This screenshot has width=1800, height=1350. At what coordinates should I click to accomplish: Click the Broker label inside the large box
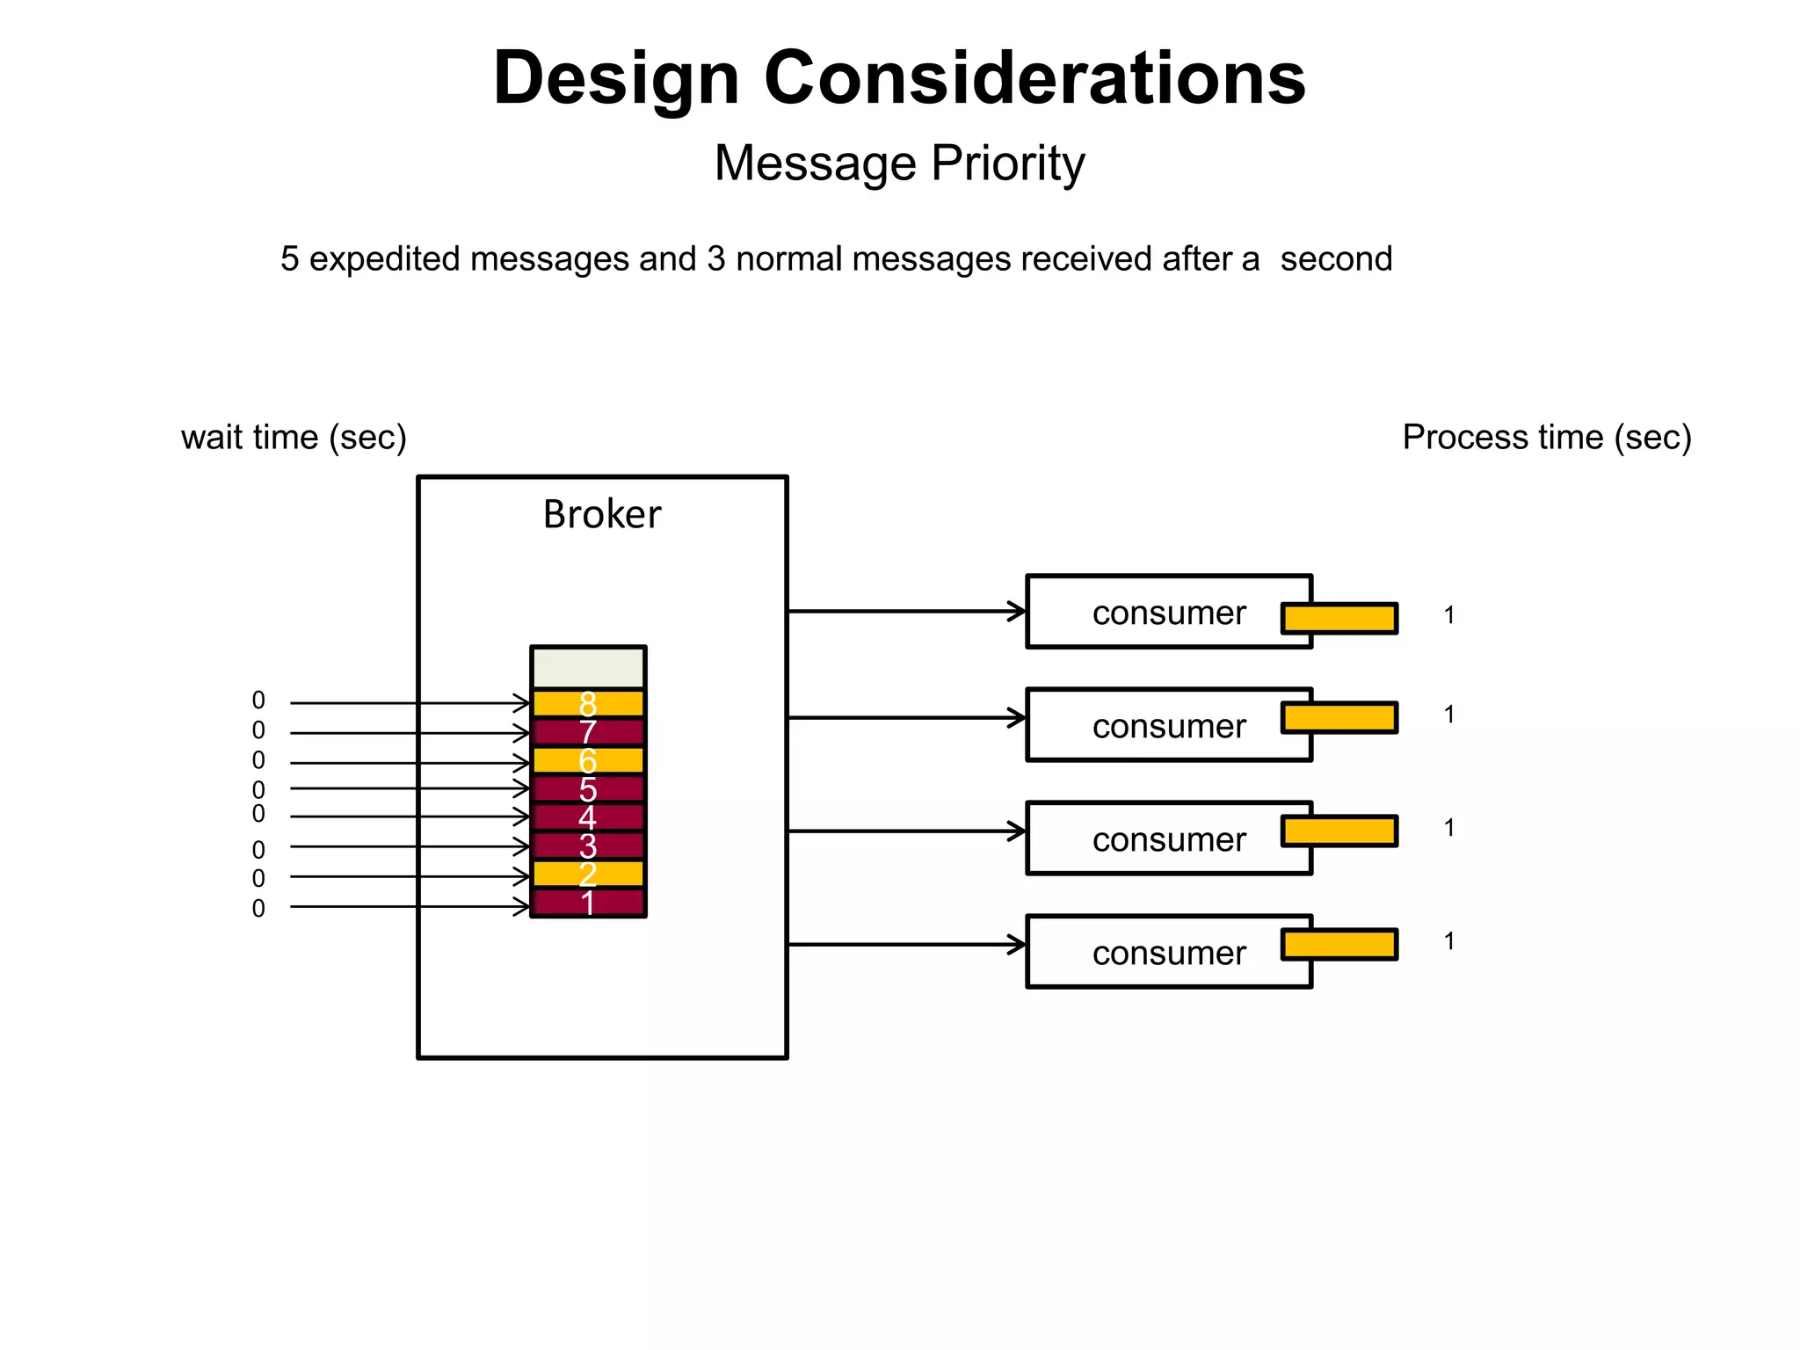point(601,514)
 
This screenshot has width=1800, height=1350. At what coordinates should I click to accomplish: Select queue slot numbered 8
point(588,703)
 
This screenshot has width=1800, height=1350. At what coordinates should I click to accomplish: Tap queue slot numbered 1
point(588,904)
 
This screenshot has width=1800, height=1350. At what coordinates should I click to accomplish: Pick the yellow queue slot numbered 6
point(588,760)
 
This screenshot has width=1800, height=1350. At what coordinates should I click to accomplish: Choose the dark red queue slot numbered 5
point(588,789)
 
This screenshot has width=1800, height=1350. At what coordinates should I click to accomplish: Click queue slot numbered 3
point(588,846)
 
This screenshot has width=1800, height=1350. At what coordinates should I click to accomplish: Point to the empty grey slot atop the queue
point(588,668)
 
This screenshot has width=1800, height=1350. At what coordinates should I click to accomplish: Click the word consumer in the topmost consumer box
point(1168,613)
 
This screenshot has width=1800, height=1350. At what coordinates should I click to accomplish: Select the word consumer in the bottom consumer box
point(1168,953)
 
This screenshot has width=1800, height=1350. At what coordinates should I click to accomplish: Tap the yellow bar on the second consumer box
point(1339,717)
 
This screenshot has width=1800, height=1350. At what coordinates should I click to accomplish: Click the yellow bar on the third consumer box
point(1339,831)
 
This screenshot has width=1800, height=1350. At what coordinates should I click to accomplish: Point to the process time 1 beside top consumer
point(1448,615)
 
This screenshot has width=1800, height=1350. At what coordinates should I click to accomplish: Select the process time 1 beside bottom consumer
point(1448,941)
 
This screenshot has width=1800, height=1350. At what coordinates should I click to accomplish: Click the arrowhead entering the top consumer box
point(1017,611)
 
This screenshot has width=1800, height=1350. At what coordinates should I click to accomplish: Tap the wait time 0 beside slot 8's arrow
point(258,700)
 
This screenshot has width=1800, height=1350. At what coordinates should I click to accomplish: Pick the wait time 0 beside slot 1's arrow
point(258,908)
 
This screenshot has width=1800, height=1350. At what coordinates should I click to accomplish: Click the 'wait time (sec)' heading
point(294,437)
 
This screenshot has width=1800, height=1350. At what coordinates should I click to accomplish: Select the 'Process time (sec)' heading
point(1546,437)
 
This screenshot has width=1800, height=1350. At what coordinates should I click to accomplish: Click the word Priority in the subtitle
point(1007,163)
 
